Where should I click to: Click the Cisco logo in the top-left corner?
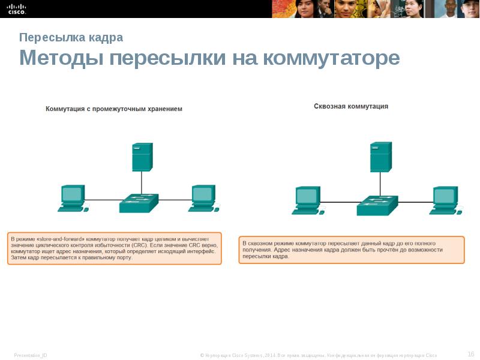17,8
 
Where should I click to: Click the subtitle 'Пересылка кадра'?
71,37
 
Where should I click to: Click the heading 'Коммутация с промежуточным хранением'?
114,109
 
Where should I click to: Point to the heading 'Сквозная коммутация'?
351,106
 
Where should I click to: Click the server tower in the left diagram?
142,157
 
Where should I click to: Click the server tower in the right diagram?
380,157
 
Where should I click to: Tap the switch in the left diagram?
139,203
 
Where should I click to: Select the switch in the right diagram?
377,205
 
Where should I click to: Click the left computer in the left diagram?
72,199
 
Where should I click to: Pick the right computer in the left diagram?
203,199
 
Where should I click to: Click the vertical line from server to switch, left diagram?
142,182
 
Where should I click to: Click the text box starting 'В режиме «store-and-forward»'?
114,248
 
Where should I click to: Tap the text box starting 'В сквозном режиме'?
351,250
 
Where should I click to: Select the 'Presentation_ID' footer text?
31,355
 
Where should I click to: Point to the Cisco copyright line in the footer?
318,355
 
